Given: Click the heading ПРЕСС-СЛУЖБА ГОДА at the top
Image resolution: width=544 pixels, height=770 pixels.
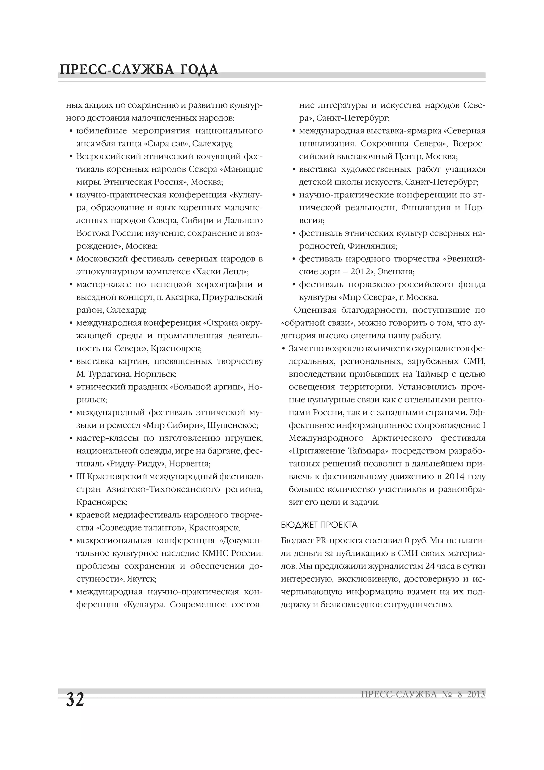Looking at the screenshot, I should pos(139,69).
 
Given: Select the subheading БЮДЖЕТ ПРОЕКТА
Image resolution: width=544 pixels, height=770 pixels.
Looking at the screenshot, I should pos(319,525).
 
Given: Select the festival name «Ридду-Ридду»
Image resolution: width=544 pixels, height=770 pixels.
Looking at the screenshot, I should pos(135,464).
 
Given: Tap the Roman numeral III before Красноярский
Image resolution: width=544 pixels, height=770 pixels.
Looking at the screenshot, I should pos(80,477).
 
